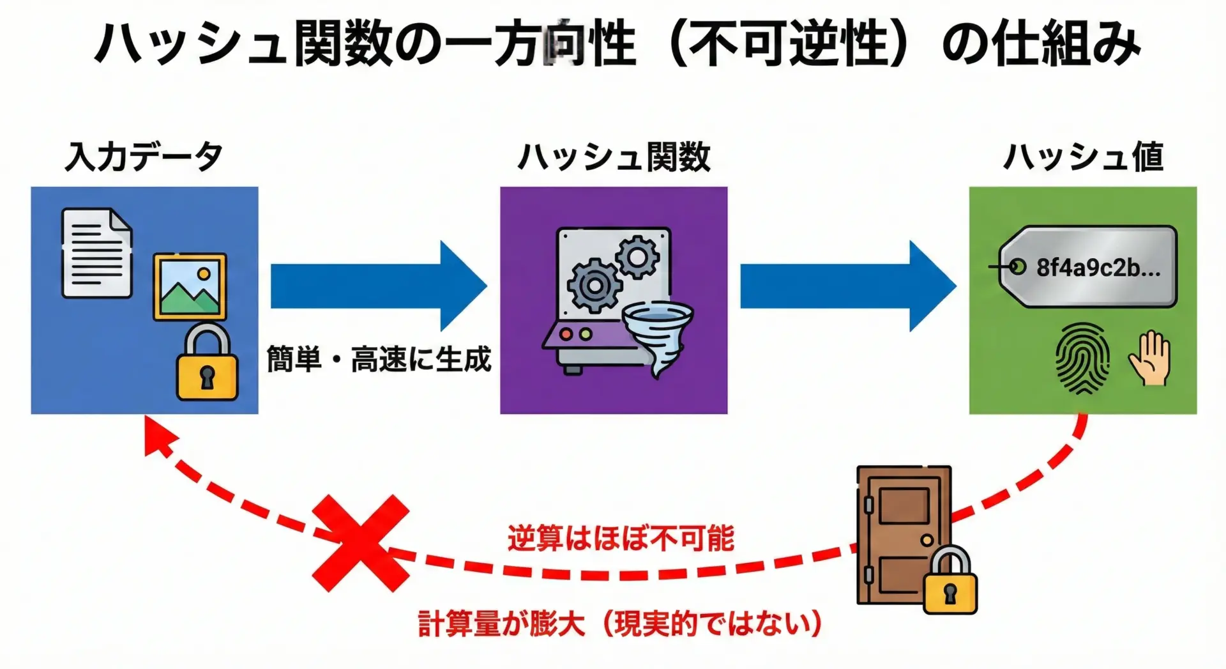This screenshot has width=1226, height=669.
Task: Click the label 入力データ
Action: pos(144,157)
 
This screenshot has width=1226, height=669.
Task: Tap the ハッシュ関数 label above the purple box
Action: pos(614,157)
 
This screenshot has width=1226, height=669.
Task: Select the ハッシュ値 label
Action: pos(1083,157)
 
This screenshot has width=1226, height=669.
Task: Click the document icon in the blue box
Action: pos(96,253)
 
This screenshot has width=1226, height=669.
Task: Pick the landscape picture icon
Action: pos(190,287)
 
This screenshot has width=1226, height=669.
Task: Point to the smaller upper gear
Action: pos(637,257)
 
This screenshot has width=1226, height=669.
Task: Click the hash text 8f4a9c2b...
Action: pos(1098,268)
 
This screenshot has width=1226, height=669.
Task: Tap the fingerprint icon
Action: pos(1082,357)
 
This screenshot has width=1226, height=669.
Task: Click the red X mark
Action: pos(360,543)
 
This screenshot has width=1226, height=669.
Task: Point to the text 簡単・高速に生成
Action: pos(379,359)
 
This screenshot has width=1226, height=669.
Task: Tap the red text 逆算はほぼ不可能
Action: pos(621,538)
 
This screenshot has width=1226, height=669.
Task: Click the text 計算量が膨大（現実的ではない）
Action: pos(619,624)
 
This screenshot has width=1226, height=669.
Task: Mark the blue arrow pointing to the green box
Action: pos(847,286)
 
